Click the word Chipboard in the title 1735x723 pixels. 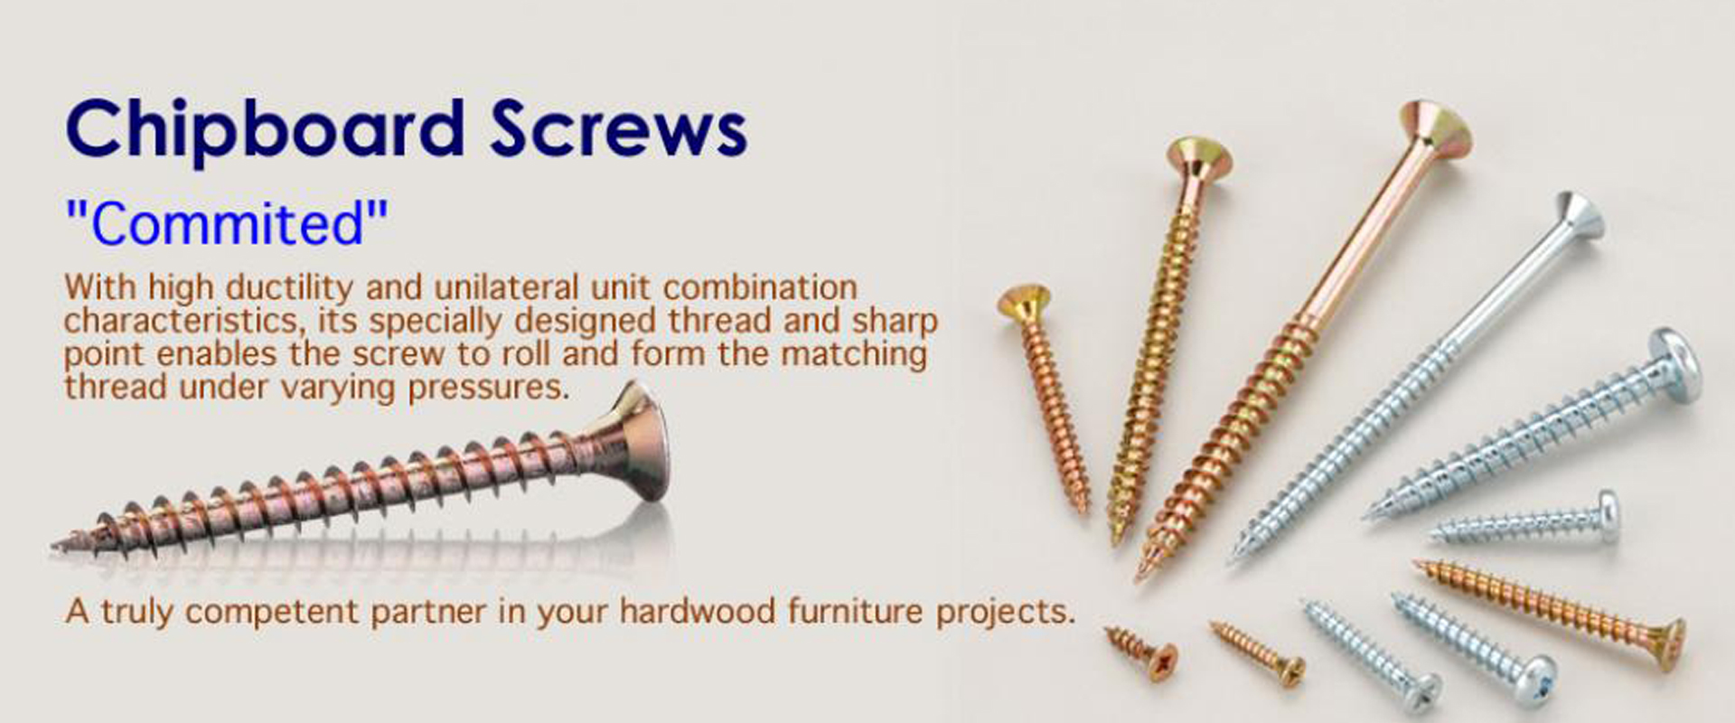coord(264,129)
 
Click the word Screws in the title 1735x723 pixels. coord(619,129)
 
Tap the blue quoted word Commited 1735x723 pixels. coord(227,223)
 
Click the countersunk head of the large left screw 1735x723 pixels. coord(640,443)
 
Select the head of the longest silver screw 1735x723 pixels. coord(1577,217)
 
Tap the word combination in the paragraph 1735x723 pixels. coord(759,288)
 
